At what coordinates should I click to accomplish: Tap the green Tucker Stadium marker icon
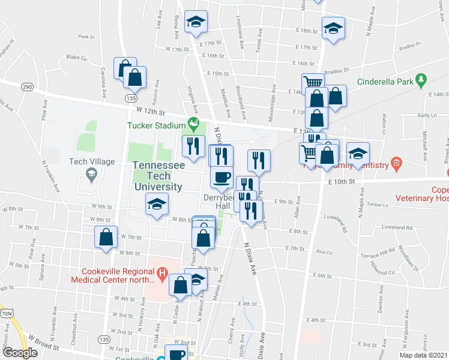pos(193,125)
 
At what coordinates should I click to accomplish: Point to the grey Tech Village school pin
pos(91,175)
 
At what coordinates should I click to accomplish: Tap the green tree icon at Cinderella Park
pos(421,79)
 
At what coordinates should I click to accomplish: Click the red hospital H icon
pos(161,274)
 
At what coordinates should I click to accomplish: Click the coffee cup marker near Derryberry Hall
pos(222,176)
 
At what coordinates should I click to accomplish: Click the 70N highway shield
pos(7,313)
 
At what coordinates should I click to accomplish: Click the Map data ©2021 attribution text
pos(423,355)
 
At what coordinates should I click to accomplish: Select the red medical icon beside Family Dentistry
pos(396,163)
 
